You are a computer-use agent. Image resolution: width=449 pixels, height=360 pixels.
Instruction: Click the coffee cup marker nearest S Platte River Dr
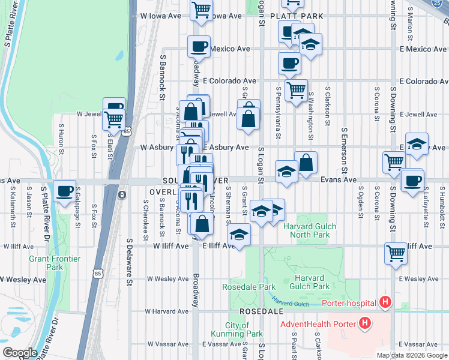pos(64,191)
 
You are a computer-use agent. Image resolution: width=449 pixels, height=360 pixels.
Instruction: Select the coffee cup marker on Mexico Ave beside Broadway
pos(199,46)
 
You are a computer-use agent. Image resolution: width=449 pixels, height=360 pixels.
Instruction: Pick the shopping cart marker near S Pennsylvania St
pos(295,91)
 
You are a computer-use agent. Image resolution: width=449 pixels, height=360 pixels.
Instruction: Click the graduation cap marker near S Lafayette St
pos(416,145)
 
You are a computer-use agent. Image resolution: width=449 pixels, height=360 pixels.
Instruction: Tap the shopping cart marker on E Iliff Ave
pos(396,253)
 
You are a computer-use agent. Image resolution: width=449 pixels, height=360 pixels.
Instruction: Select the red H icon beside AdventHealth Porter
pos(364,325)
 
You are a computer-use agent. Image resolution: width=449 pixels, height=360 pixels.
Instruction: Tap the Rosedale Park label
pos(249,287)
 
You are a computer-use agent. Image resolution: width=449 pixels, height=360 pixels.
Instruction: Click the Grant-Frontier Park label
pos(55,263)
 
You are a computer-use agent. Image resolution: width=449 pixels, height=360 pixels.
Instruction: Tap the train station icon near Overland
pos(122,195)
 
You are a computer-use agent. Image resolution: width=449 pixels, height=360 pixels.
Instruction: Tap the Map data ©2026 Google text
pos(411,355)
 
